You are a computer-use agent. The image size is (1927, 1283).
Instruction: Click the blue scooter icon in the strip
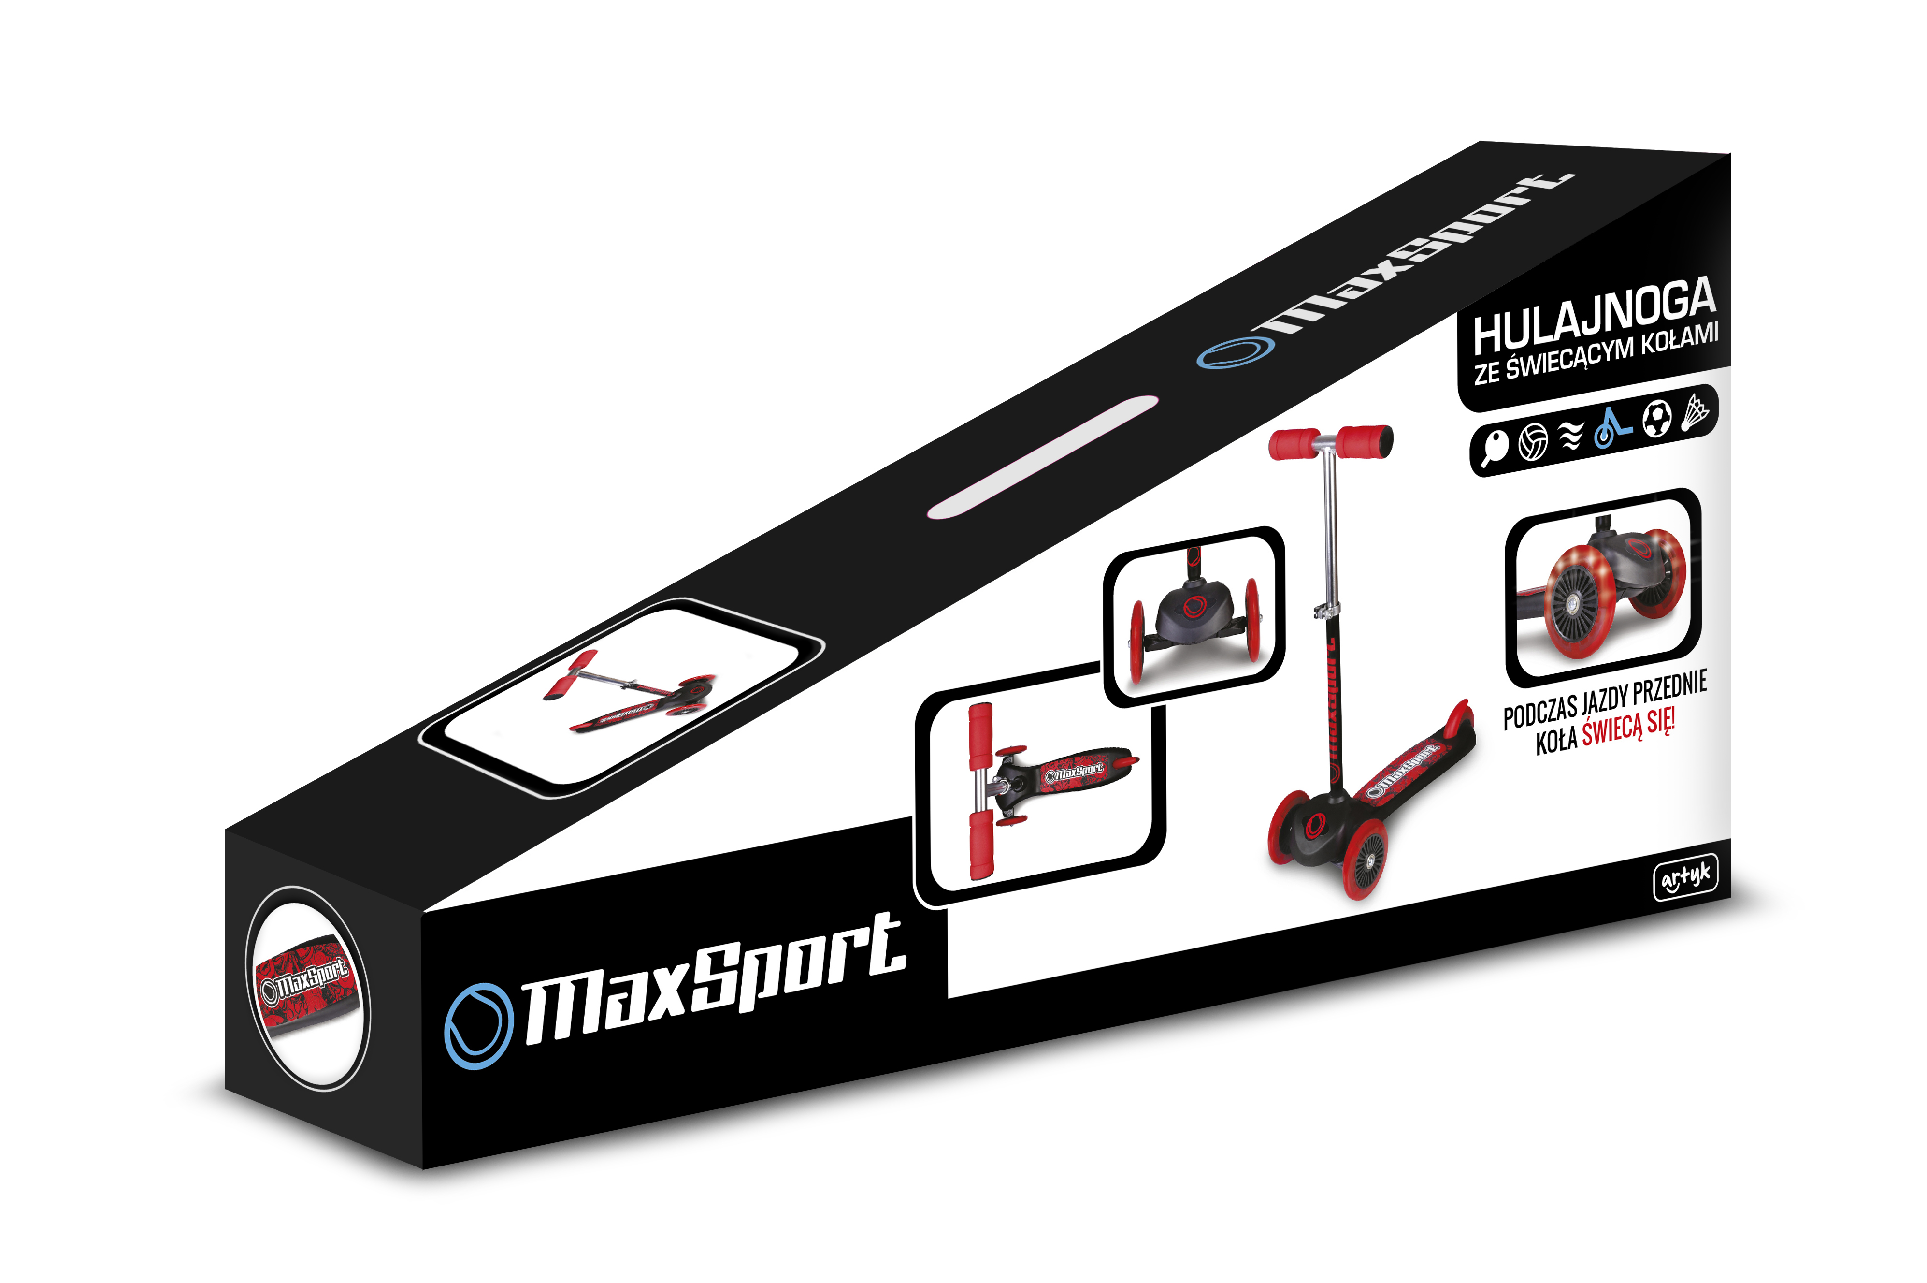[x=1611, y=428]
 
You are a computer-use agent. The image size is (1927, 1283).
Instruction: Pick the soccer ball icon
[x=1656, y=419]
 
